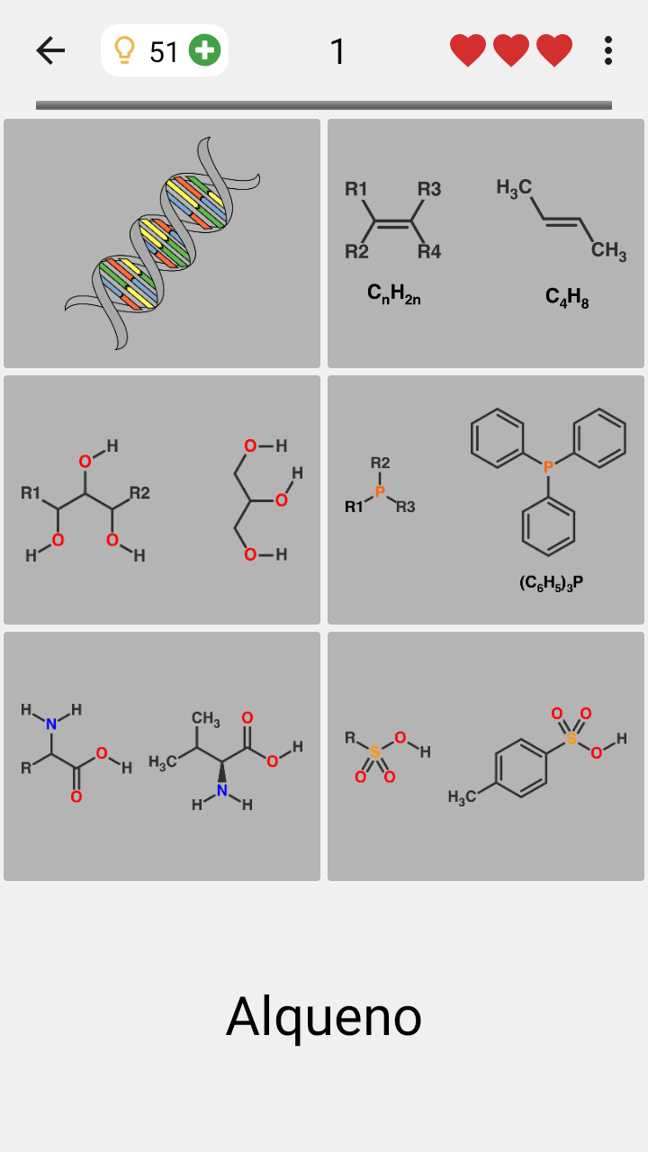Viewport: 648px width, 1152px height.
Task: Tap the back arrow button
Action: point(50,50)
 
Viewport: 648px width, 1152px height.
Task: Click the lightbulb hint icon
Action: point(124,50)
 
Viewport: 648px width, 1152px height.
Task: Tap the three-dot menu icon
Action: point(608,50)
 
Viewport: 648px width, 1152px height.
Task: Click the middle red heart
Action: point(511,50)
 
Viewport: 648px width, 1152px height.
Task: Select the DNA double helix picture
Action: point(162,243)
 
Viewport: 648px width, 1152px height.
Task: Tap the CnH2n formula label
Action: point(394,294)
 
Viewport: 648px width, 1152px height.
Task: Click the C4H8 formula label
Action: point(567,297)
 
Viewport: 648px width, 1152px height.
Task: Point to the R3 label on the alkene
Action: point(429,189)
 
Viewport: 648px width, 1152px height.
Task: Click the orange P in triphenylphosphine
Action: point(548,466)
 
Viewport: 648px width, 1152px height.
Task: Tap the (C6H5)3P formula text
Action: point(552,583)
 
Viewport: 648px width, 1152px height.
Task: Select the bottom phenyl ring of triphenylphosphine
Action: point(548,527)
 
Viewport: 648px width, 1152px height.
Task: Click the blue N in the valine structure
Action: point(222,790)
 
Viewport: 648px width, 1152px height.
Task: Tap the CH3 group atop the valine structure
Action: point(206,718)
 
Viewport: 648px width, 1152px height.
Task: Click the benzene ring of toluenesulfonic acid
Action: point(521,769)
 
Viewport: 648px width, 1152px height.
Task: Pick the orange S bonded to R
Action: point(375,751)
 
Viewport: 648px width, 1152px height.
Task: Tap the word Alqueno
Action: point(324,1017)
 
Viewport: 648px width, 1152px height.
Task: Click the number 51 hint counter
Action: point(164,52)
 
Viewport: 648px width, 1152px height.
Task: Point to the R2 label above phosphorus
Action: point(380,463)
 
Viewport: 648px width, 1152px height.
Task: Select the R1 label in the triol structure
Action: point(31,492)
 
